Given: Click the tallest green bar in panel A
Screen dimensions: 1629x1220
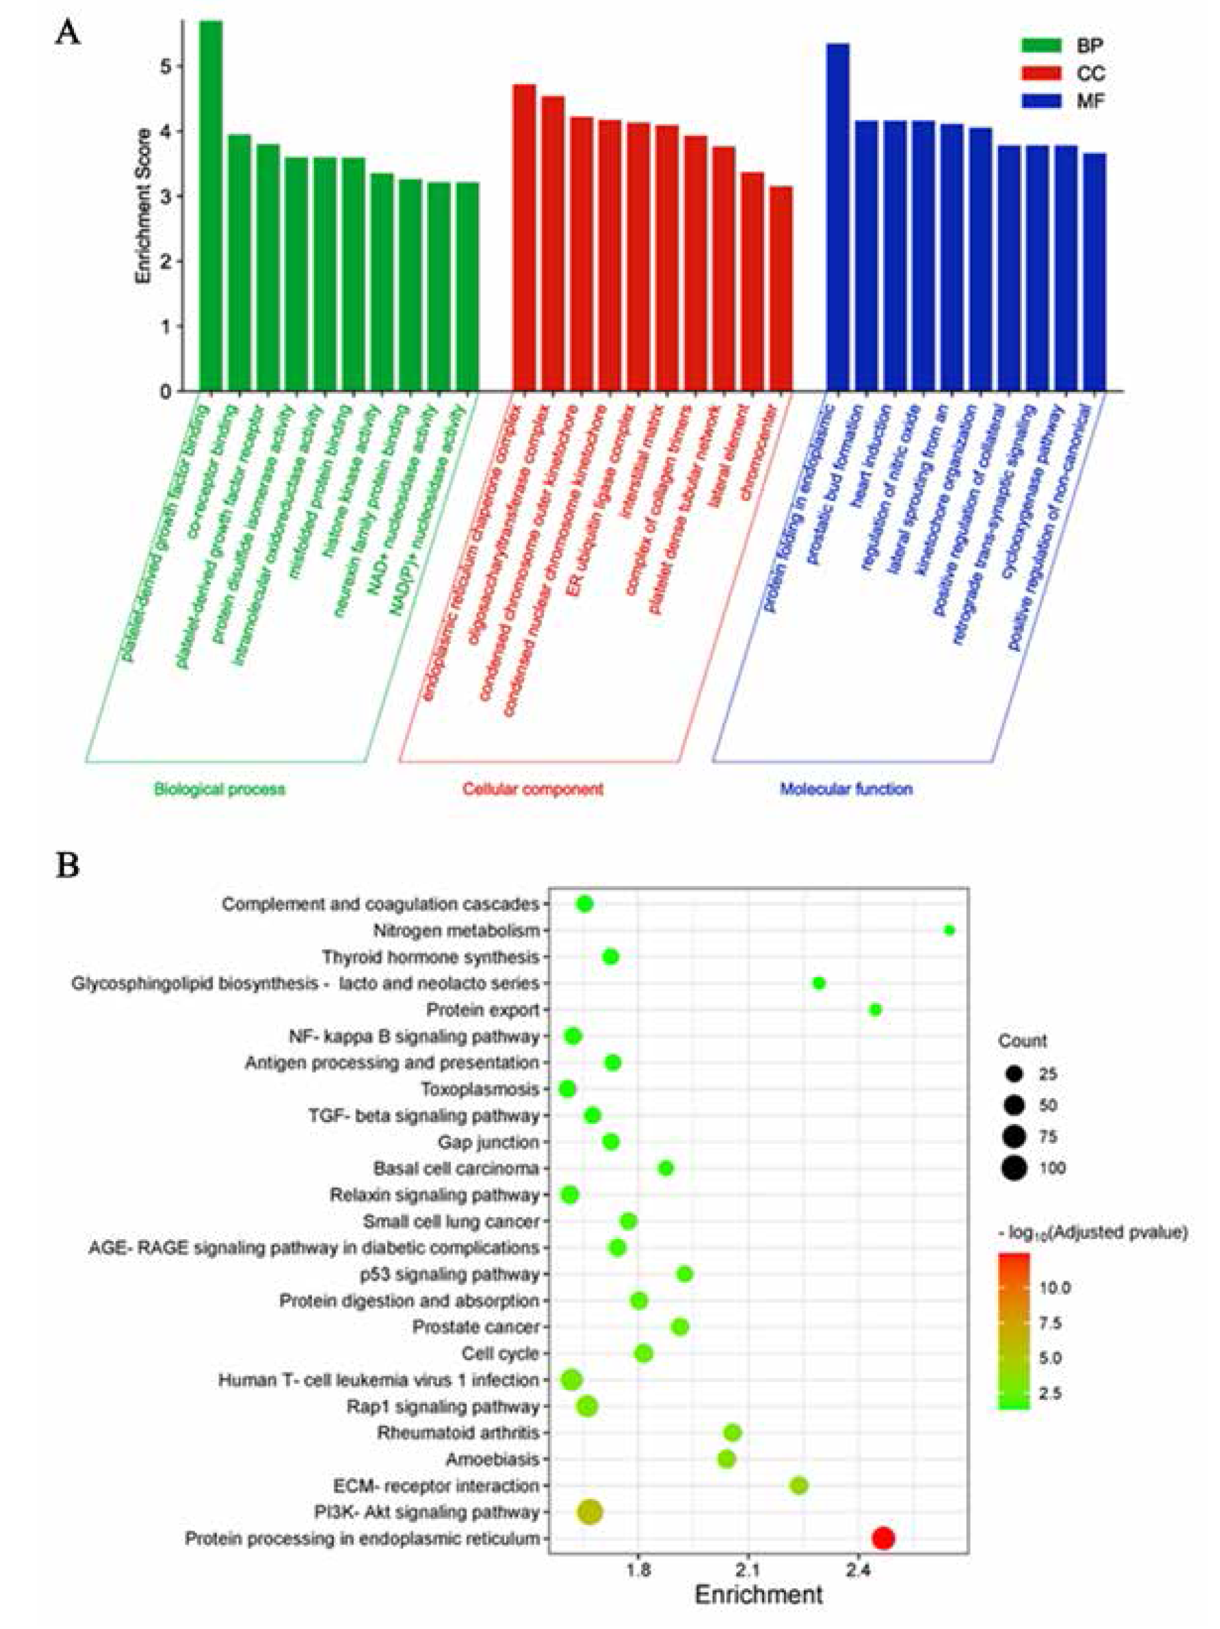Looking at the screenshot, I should coord(212,207).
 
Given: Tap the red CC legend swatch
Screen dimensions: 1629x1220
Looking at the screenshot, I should coord(1041,73).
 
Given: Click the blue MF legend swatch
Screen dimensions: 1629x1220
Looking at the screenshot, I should coord(1041,101).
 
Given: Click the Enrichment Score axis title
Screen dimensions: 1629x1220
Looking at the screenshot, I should coord(144,207).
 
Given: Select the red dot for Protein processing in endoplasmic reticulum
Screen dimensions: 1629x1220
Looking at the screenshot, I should coord(883,1538).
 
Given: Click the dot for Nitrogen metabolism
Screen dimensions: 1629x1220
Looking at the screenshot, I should coord(949,930).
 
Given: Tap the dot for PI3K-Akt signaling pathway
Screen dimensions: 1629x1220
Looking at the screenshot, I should coord(590,1512).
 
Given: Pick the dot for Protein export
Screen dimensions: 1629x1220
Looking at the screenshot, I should coord(875,1009).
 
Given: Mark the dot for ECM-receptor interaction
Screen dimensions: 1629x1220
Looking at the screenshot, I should coord(799,1486).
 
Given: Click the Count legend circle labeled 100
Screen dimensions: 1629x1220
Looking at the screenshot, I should coord(1014,1168).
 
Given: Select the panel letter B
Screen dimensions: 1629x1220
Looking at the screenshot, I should coord(68,866).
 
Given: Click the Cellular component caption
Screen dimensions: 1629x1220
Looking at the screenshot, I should coord(533,789).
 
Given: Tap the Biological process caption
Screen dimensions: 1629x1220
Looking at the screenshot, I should coord(219,789).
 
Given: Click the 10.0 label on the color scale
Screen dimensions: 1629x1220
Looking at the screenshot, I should coord(1054,1287).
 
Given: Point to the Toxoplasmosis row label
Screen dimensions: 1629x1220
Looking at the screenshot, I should coord(479,1089).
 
